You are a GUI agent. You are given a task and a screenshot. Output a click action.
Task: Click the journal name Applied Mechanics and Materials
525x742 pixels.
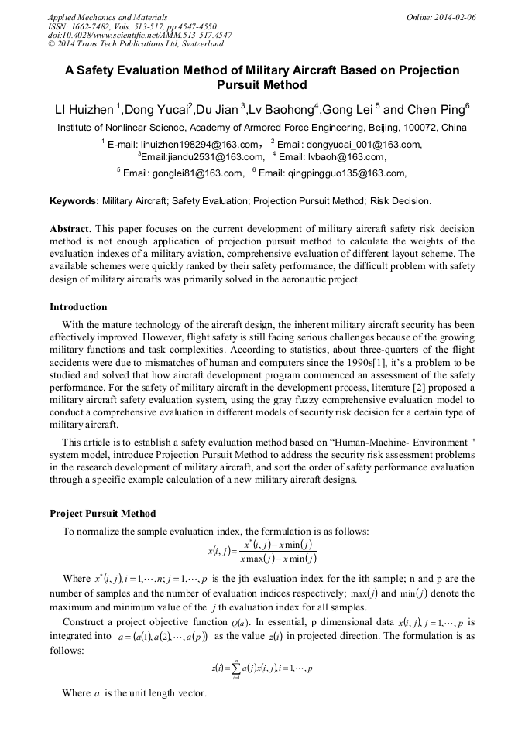107,16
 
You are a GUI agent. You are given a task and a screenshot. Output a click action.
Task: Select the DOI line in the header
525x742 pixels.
139,35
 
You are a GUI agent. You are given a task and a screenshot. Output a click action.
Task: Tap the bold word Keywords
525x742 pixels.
74,201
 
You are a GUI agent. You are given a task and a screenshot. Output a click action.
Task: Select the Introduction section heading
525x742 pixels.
78,307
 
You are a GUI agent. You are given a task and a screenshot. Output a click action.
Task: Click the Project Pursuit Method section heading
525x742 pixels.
102,513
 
